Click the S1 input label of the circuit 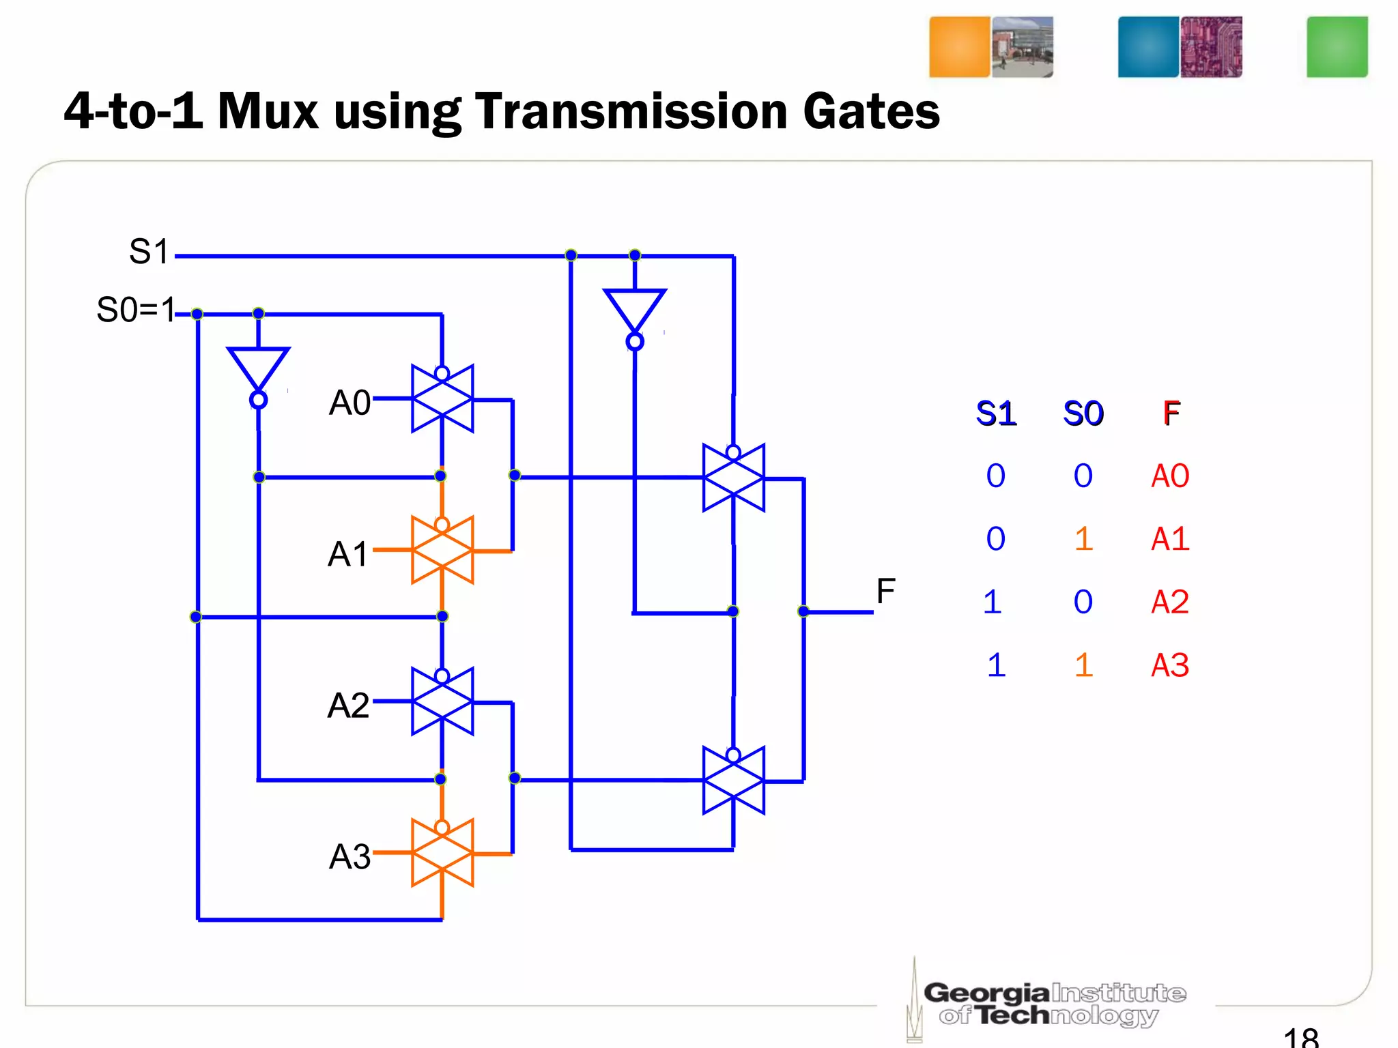pos(149,252)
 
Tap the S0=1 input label pos(136,310)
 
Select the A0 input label pos(349,403)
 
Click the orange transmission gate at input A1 pos(442,550)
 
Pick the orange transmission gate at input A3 pos(442,853)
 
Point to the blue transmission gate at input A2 pos(442,701)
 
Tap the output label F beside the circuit pos(885,591)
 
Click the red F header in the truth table pos(1171,413)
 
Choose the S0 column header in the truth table pos(1083,413)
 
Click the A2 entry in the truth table pos(1170,602)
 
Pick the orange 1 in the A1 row pos(1083,539)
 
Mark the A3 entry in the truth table pos(1170,665)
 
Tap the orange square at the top pos(959,47)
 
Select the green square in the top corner pos(1337,47)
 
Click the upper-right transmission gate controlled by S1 pos(734,478)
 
